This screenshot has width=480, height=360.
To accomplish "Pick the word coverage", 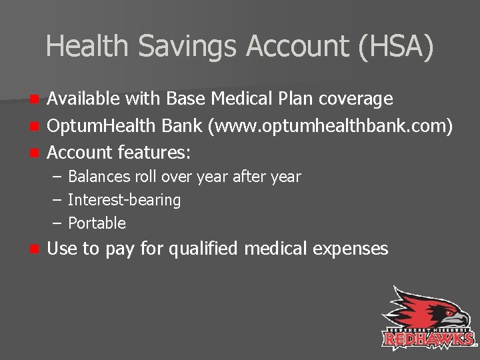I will click(x=356, y=99).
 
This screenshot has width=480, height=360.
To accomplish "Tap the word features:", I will click(x=154, y=153).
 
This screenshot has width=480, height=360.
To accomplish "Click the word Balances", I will click(x=97, y=177).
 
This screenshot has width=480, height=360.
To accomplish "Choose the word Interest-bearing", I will click(x=124, y=200).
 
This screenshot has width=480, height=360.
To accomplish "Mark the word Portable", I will click(x=97, y=223).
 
